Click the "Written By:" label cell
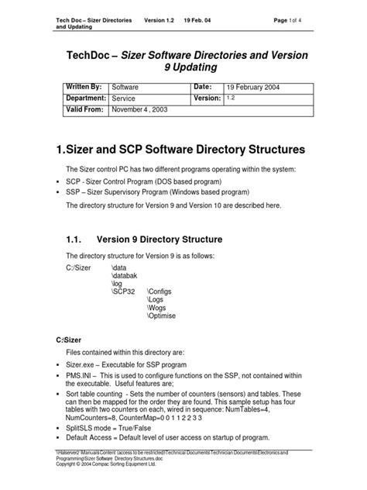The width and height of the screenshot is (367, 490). coord(81,88)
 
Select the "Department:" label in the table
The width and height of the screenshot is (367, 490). coord(81,98)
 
